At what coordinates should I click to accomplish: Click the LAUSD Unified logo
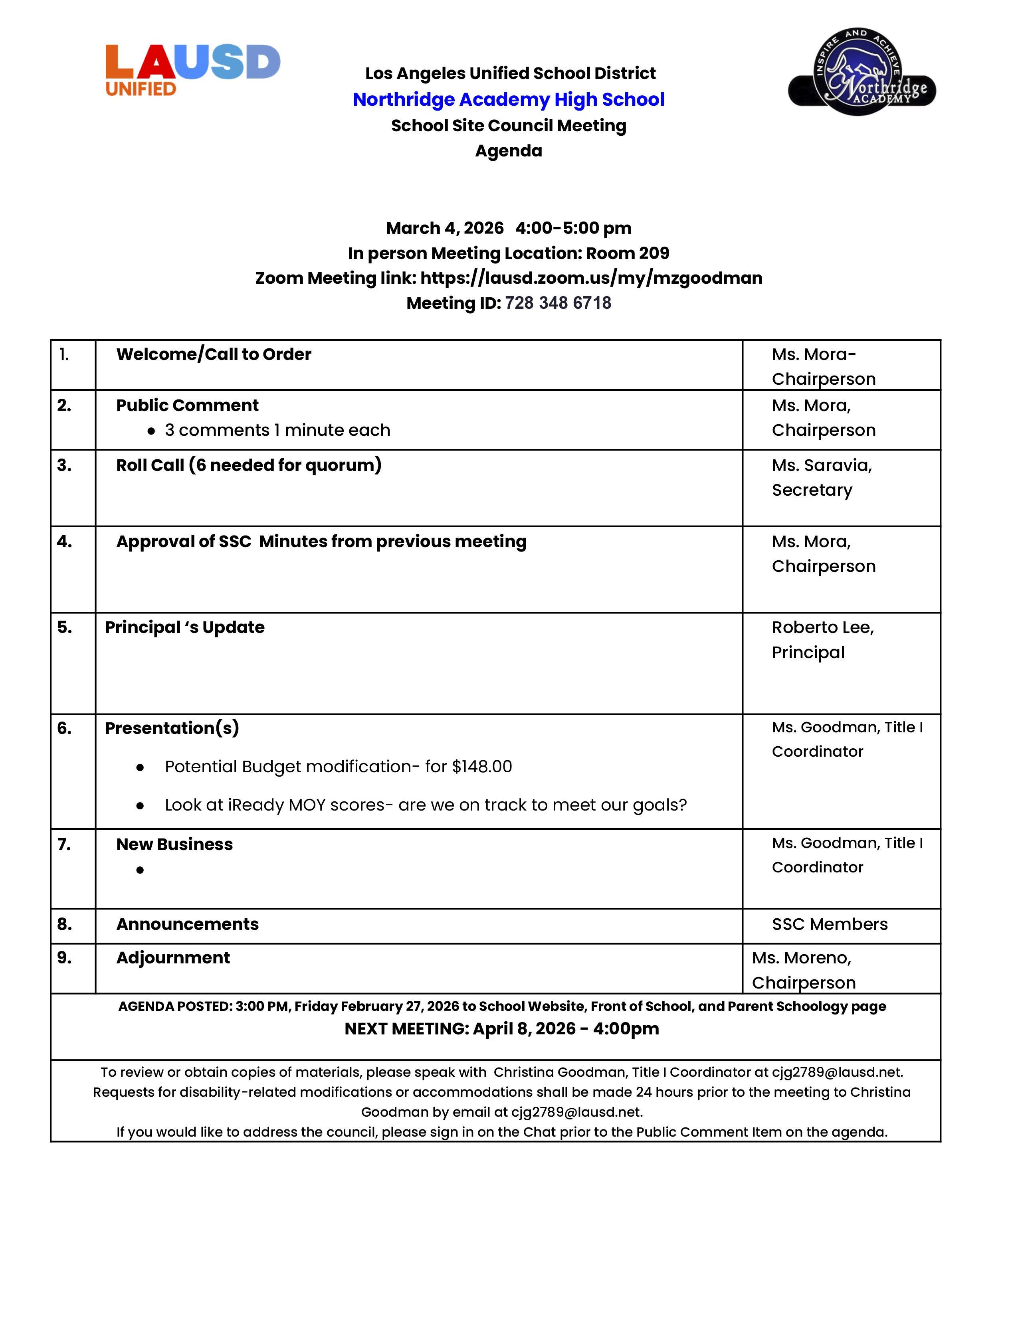192,69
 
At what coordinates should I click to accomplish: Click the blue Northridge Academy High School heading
508,99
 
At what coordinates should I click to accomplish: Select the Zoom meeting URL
591,278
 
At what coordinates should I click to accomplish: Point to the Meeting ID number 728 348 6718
558,303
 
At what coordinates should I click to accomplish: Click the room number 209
654,253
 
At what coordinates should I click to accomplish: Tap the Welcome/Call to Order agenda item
214,354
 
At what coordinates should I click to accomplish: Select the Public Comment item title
187,405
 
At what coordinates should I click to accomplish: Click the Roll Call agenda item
248,465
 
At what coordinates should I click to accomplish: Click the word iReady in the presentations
256,805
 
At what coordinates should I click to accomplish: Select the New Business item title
174,844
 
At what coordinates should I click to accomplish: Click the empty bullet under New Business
140,870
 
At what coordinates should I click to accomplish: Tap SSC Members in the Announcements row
829,924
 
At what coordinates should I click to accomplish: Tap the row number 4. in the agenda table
65,542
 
